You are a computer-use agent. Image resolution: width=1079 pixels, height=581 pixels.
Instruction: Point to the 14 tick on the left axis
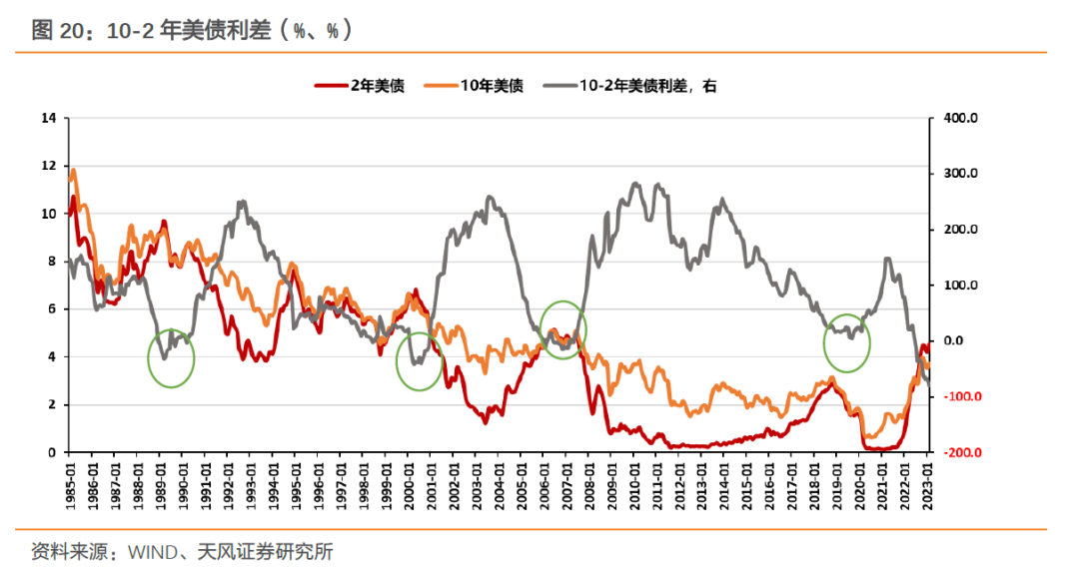[x=48, y=118]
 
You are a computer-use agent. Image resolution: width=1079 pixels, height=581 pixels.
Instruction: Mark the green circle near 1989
[x=171, y=357]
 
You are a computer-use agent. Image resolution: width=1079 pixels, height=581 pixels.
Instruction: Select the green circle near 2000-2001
[x=420, y=361]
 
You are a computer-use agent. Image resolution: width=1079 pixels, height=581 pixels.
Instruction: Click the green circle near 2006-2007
[x=563, y=328]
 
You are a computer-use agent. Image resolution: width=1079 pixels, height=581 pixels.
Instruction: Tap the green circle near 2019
[x=847, y=342]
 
